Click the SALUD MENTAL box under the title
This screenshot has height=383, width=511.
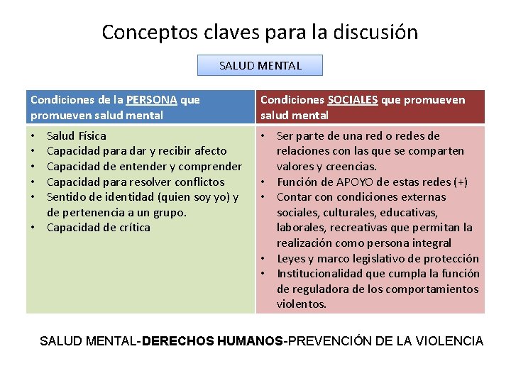tap(260, 65)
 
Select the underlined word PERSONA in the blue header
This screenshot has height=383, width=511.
tap(152, 100)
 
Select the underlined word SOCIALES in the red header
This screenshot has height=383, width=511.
tap(352, 100)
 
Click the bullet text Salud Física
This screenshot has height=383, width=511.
tap(77, 135)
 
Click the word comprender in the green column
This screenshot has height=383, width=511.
tap(211, 166)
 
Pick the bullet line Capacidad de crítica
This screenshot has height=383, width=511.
tap(99, 227)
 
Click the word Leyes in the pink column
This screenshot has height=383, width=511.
tap(292, 258)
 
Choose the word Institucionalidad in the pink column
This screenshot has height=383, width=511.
tap(319, 274)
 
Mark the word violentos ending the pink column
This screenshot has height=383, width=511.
tap(302, 304)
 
